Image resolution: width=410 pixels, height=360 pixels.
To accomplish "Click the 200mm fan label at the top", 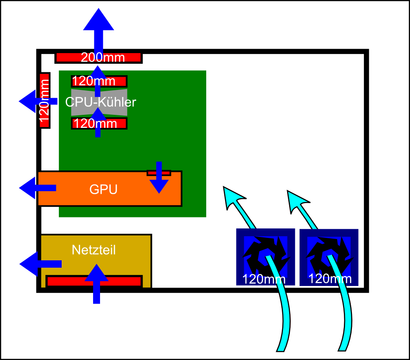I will pos(102,58).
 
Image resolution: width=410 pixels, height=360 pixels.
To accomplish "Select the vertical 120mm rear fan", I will pos(45,100).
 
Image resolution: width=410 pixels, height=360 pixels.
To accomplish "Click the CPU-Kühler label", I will pos(100,102).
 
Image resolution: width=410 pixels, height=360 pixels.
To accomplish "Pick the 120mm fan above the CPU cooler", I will pos(99,81).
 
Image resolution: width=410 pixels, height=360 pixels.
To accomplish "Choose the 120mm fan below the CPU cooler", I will pos(99,123).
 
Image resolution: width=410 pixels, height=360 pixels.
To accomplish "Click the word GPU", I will pos(103,190).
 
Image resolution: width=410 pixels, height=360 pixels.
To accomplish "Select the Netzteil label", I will pos(94,250).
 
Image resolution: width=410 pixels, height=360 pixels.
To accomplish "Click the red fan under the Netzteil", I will pos(65,281).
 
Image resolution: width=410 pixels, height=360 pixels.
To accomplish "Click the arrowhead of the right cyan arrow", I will pos(297,200).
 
